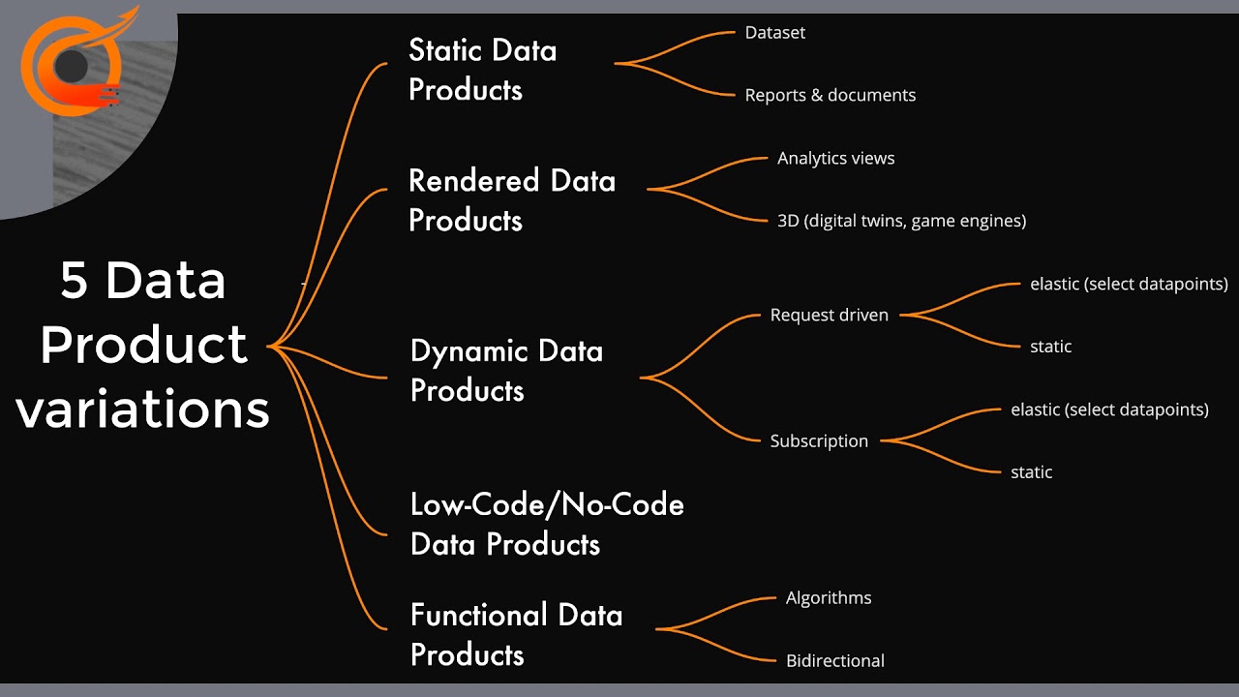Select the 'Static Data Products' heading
click(x=482, y=70)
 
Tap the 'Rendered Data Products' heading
click(x=512, y=200)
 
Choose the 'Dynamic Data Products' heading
click(x=506, y=370)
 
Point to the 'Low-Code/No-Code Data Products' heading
click(x=547, y=524)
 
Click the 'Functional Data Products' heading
click(x=516, y=634)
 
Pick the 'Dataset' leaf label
click(x=774, y=32)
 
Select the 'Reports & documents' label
click(x=830, y=95)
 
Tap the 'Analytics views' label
click(x=835, y=158)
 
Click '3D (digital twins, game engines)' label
click(x=901, y=221)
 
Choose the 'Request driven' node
click(x=829, y=315)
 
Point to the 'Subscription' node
click(x=819, y=440)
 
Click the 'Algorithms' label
click(x=829, y=597)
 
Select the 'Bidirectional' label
click(x=834, y=660)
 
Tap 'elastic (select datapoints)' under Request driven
click(x=1129, y=284)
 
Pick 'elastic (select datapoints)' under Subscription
click(x=1109, y=409)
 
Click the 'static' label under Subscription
click(x=1031, y=472)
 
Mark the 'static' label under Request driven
click(x=1050, y=347)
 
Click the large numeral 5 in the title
click(x=75, y=281)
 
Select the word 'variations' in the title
click(x=142, y=409)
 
